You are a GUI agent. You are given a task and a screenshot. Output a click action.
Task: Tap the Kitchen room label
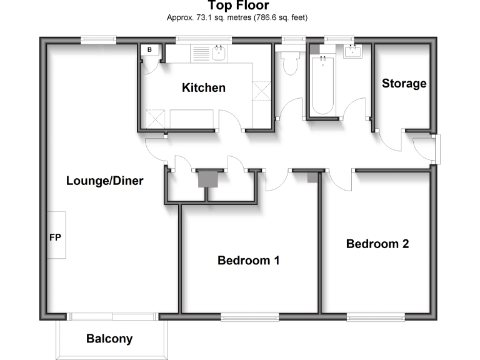click(203, 87)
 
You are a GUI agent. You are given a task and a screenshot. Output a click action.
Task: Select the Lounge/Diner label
click(105, 181)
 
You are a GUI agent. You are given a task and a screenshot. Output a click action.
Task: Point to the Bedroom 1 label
click(248, 260)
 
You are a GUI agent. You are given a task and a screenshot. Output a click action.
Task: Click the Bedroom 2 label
click(377, 244)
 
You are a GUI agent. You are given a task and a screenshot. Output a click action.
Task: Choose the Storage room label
click(404, 83)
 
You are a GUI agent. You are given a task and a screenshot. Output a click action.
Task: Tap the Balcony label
click(109, 339)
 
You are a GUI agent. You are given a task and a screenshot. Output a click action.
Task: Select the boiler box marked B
click(149, 50)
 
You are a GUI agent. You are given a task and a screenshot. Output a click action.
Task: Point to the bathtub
click(323, 84)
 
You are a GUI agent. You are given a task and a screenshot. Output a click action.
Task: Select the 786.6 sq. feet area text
click(279, 17)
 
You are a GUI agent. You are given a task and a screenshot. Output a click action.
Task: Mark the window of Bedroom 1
click(249, 317)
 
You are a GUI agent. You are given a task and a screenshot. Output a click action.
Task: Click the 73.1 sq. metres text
click(203, 17)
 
